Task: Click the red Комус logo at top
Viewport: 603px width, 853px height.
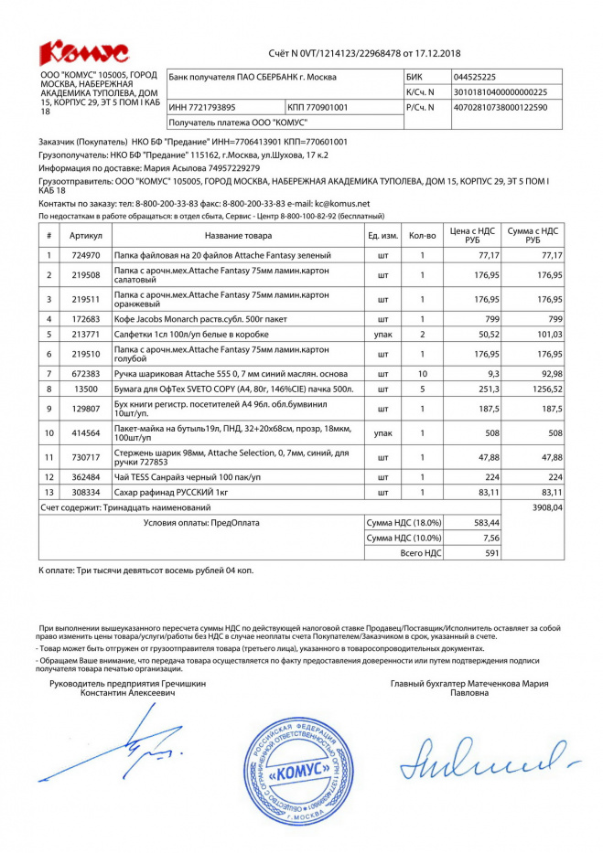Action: tap(83, 51)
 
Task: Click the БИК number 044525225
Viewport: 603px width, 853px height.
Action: tap(476, 77)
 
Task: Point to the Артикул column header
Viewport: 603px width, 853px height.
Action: tap(86, 235)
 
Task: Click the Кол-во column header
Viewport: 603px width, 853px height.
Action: tap(422, 235)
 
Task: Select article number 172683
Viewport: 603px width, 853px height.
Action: tap(86, 318)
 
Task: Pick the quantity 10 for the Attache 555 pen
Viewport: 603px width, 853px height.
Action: tap(422, 373)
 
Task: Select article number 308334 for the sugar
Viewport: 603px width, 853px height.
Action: tap(86, 492)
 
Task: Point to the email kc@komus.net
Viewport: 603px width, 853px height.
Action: tap(341, 203)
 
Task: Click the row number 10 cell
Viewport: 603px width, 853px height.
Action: tap(48, 432)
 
